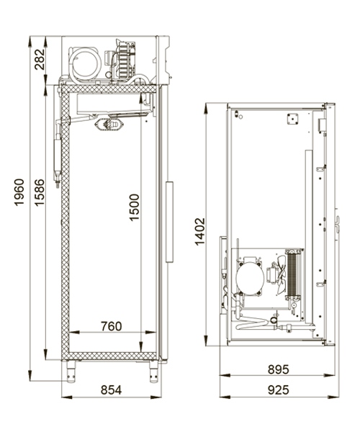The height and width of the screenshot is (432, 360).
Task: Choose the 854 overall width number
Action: pos(109,390)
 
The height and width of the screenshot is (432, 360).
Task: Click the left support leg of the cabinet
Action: pos(73,371)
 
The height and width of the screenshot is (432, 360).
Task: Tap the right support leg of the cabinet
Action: pos(153,371)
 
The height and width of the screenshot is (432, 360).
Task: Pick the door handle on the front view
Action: pos(171,221)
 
